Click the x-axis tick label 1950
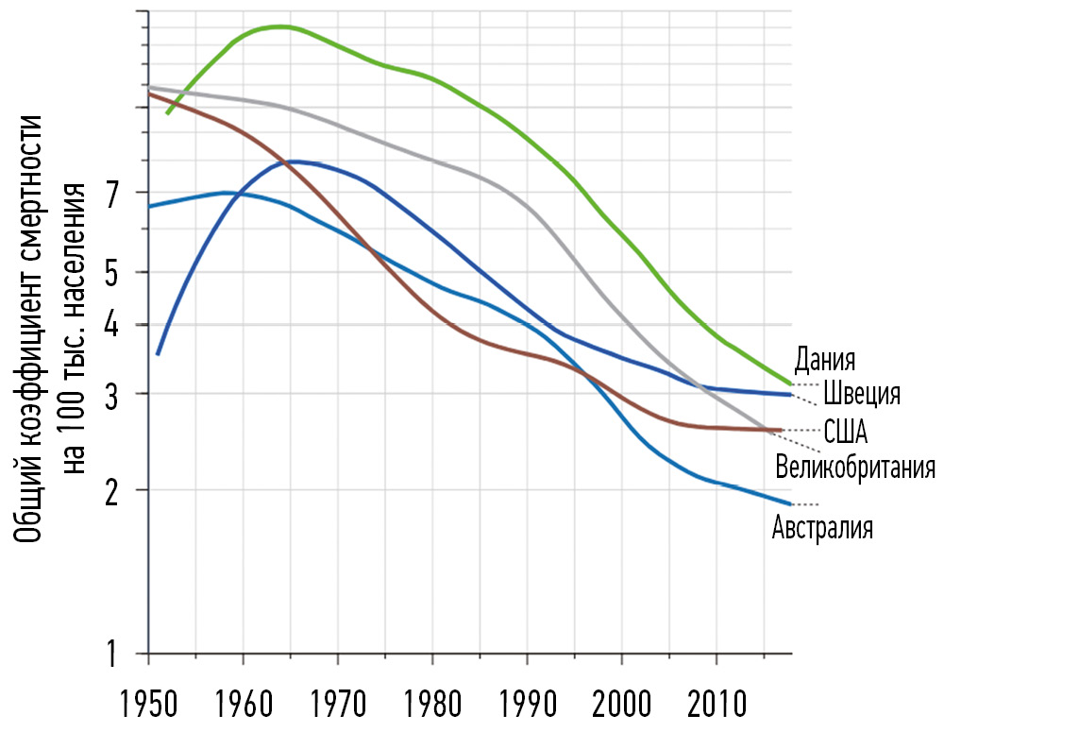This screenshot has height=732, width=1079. [148, 706]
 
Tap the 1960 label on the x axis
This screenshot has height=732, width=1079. [244, 706]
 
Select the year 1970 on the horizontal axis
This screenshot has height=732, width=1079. [338, 706]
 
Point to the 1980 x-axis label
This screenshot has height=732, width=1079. [432, 706]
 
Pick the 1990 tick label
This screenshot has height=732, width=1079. [527, 706]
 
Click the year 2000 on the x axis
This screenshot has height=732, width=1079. [622, 706]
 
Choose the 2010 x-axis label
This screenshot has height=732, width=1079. [717, 706]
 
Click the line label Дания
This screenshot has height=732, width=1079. [824, 360]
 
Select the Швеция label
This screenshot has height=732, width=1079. [861, 394]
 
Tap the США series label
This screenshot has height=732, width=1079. [845, 433]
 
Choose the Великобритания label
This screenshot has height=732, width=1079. [854, 467]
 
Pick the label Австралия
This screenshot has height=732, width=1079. [822, 527]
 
